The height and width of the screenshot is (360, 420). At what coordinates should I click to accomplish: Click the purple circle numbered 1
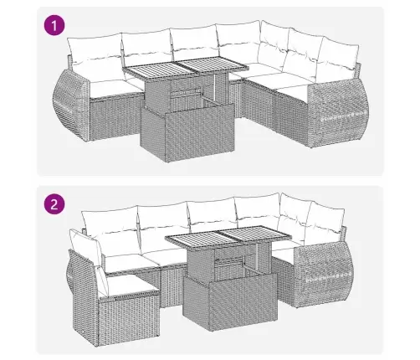55,27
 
